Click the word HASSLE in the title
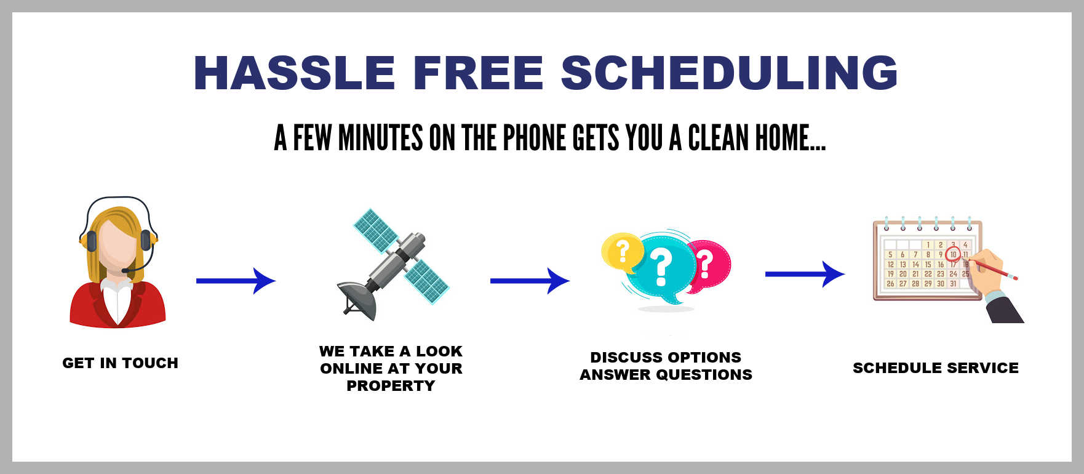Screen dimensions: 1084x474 pyautogui.click(x=294, y=73)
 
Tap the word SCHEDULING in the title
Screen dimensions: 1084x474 pyautogui.click(x=729, y=73)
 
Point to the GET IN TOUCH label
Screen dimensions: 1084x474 pyautogui.click(x=121, y=363)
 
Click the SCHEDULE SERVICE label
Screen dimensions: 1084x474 pyautogui.click(x=936, y=368)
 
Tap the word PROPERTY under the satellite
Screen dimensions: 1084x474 pyautogui.click(x=391, y=386)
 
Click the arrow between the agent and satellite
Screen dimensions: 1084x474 pyautogui.click(x=236, y=281)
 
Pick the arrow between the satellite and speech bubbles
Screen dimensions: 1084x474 pyautogui.click(x=530, y=281)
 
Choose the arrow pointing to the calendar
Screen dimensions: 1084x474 pyautogui.click(x=805, y=274)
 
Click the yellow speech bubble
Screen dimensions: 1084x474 pyautogui.click(x=622, y=252)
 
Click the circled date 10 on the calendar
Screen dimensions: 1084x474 pyautogui.click(x=953, y=254)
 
